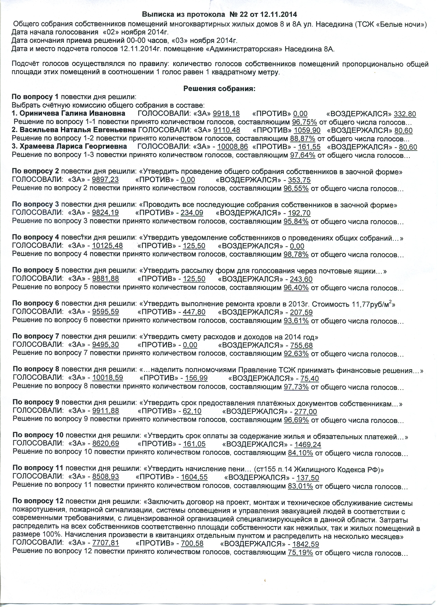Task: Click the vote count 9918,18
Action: pyautogui.click(x=226, y=114)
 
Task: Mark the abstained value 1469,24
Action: pyautogui.click(x=307, y=445)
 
